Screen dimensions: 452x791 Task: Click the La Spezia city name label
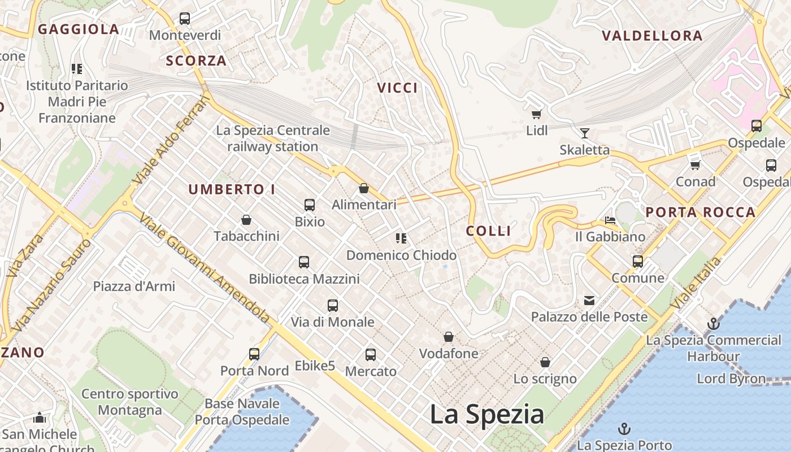coord(487,414)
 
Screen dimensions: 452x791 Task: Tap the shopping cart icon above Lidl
coord(537,114)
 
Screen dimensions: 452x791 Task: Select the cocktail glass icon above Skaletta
coord(585,133)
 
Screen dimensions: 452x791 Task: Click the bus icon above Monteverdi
coord(185,19)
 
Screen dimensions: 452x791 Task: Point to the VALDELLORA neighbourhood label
coord(652,36)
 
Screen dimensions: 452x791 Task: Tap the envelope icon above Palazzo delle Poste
coord(589,300)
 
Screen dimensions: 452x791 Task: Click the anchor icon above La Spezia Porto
coord(624,429)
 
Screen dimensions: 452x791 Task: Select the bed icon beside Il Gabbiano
coord(610,220)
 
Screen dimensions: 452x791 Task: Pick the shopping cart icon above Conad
coord(696,165)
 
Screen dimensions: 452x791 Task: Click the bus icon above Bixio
coord(310,205)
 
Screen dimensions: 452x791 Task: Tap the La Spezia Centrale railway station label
coord(273,138)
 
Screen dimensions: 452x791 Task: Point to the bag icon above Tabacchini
coord(246,219)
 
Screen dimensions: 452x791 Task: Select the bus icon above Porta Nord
coord(254,354)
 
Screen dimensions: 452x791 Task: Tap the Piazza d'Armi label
coord(134,286)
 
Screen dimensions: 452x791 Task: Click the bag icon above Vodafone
coord(449,337)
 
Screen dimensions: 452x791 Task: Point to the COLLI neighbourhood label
coord(489,231)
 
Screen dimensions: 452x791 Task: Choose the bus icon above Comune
coord(638,261)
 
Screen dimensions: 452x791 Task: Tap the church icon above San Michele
coord(40,418)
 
